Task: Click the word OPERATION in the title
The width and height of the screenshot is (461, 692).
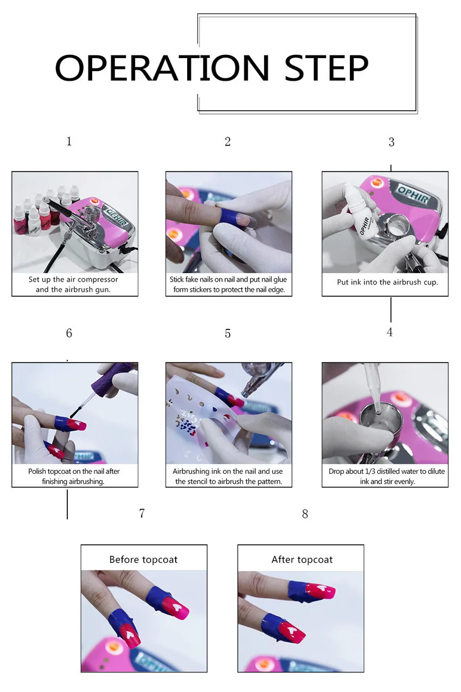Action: [x=162, y=68]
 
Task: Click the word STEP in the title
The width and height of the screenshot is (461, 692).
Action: [x=326, y=68]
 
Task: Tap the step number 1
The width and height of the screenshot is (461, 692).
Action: [x=69, y=142]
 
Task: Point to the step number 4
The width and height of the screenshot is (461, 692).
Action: [x=389, y=332]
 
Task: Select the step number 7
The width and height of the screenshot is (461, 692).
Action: [x=142, y=513]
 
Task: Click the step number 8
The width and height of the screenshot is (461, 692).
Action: [x=305, y=514]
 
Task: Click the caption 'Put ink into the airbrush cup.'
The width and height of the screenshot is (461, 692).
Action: [x=388, y=282]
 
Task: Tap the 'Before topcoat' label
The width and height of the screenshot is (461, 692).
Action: [x=144, y=560]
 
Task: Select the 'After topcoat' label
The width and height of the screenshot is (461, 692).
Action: [x=302, y=560]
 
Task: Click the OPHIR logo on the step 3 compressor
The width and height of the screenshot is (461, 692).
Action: [x=413, y=194]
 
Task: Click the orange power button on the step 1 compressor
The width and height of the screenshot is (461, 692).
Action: [x=94, y=201]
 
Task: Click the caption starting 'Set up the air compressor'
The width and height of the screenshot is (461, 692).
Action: [x=73, y=284]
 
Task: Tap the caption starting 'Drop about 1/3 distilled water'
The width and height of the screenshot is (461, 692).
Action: [x=387, y=477]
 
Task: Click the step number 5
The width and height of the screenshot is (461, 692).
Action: [x=228, y=334]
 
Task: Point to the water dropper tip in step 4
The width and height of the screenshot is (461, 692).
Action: [x=377, y=410]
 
